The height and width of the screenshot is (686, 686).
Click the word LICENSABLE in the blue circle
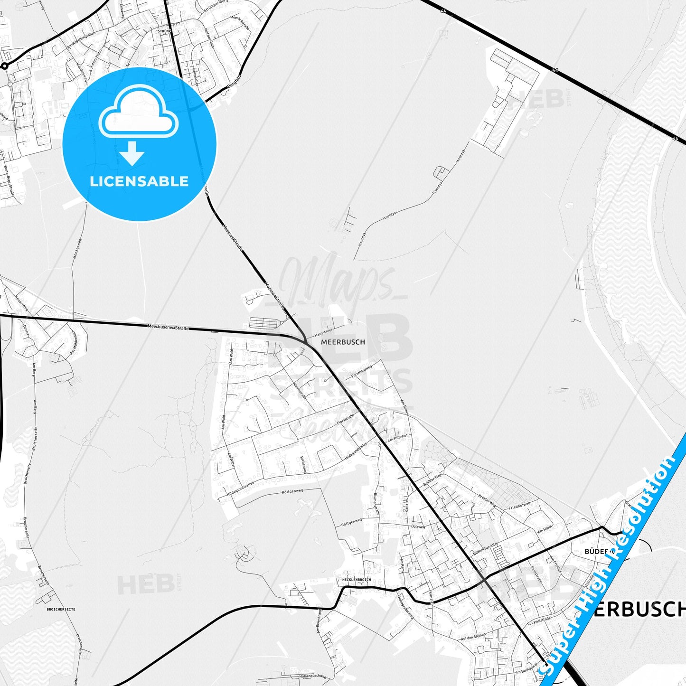point(139,181)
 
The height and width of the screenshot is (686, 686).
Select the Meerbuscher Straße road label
point(169,327)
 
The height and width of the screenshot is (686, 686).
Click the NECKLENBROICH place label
point(356,580)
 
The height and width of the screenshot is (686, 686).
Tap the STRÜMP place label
point(164,31)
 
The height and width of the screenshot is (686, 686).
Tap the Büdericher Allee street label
point(485,549)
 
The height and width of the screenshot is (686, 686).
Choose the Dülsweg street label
point(418,526)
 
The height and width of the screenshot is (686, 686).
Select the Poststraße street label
point(541,620)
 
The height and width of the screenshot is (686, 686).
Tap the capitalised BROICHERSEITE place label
point(61,609)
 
